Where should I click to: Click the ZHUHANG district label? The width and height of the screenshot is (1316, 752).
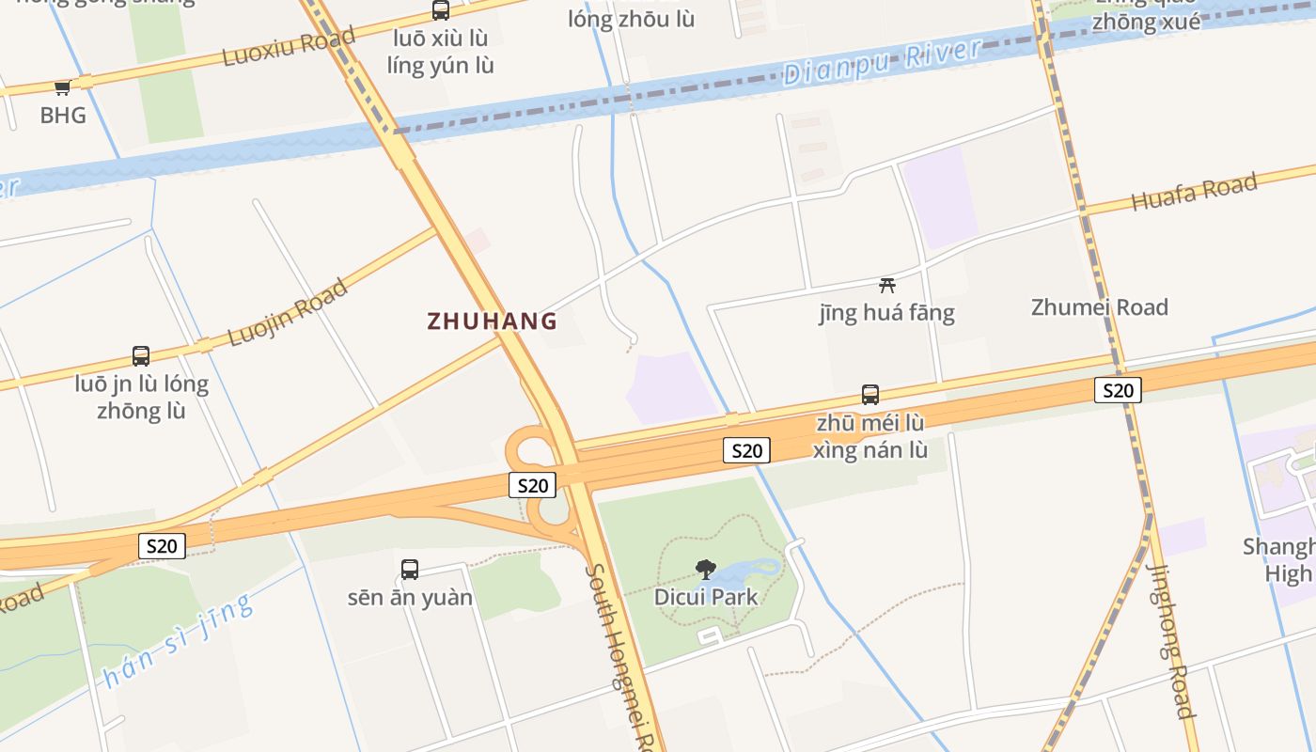[492, 321]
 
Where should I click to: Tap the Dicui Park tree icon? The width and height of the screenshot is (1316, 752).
[705, 569]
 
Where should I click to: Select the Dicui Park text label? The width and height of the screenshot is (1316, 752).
[705, 597]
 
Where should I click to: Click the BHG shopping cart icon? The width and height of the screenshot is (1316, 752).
[62, 87]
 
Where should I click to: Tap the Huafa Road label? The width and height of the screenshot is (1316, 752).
[1194, 191]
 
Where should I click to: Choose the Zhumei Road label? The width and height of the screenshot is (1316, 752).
[1099, 307]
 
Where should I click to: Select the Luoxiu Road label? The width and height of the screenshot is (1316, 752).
[289, 46]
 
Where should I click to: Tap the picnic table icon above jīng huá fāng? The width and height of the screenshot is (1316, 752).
[886, 285]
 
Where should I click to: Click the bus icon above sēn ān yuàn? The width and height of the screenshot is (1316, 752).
[410, 569]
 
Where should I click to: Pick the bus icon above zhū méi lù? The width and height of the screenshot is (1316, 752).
[870, 395]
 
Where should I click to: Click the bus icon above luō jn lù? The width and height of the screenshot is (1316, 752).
[141, 356]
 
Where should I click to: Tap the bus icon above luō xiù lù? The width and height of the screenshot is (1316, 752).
[440, 10]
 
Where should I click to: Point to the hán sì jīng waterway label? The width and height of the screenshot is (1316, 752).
[179, 640]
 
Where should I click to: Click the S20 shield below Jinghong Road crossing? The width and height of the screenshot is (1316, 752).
[1118, 390]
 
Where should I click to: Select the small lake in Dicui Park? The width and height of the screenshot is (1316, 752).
[752, 572]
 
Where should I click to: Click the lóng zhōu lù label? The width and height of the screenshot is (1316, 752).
[631, 19]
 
